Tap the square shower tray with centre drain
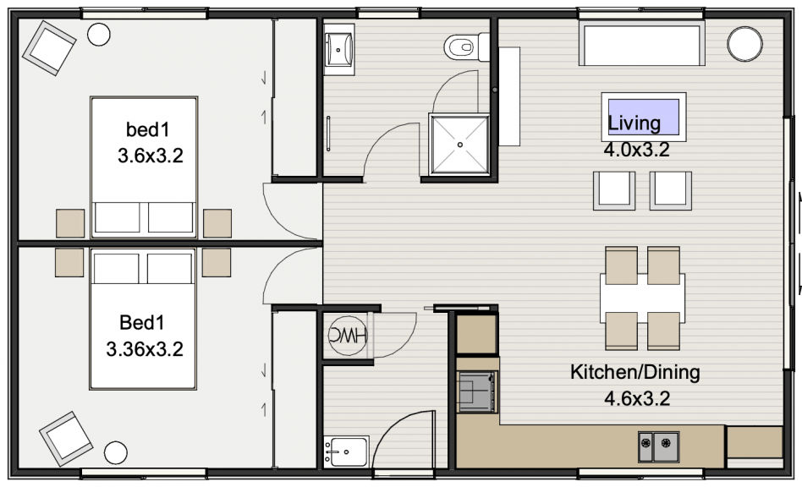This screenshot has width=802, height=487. pos(460,145)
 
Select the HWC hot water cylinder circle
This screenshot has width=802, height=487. pos(348,335)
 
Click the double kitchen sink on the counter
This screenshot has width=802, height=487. pos(659,446)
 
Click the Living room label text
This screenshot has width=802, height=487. pos(634,123)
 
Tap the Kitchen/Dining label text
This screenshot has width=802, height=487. pos(635,372)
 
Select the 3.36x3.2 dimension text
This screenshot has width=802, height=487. pos(145,349)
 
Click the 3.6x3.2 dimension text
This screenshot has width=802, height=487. pos(151,156)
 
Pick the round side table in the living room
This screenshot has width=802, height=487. pos(744,45)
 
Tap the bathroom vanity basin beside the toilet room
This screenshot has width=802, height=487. pos(338,50)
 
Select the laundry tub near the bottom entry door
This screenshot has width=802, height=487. pos(346,451)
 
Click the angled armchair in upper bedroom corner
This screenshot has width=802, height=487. pos(49,48)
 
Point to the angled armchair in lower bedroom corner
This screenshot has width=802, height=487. pos(66,439)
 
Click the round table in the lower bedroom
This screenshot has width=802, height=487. pos(116,453)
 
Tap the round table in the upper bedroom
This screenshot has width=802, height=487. pos(99,34)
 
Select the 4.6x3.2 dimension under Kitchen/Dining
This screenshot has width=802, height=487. pos(637,398)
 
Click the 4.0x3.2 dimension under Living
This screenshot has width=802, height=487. pos(636,150)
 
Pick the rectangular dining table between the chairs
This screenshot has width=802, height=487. pos(642,298)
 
